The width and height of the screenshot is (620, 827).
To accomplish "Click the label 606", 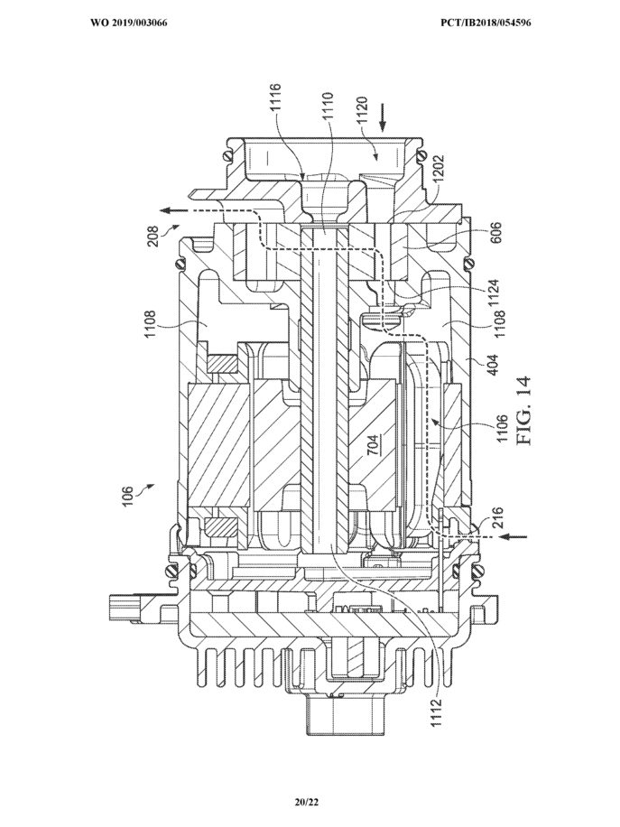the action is (495, 234).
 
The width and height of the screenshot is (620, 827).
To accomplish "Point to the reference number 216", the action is (498, 518).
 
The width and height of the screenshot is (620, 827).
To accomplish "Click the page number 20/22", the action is (308, 803).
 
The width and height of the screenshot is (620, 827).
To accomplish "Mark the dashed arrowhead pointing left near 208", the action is (167, 209).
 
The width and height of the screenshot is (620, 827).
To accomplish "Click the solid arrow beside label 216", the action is (514, 537).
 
